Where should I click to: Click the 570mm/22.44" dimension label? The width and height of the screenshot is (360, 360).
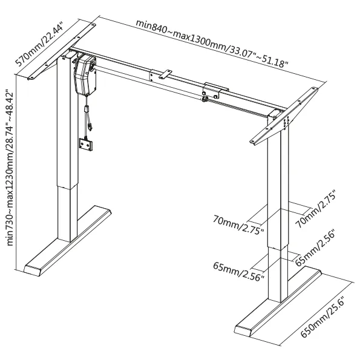(39, 44)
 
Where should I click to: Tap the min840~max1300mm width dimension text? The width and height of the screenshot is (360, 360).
(212, 43)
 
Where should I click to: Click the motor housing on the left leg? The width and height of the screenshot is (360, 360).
(84, 75)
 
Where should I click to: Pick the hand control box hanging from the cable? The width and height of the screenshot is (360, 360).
(86, 145)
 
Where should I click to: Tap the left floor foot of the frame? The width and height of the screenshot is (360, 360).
(68, 241)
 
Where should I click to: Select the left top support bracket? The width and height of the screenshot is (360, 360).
(62, 51)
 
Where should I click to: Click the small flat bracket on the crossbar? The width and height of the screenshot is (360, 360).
(165, 74)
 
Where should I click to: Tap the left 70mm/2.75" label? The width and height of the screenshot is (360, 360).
(238, 224)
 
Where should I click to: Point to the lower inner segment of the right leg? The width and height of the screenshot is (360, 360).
(278, 274)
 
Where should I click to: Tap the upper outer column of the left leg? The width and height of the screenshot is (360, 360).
(68, 122)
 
